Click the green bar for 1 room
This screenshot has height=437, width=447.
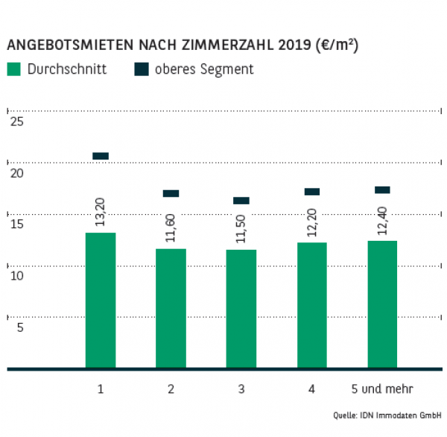(x=101, y=301)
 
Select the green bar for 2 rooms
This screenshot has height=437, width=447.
(x=171, y=308)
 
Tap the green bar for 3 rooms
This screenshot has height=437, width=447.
(x=241, y=309)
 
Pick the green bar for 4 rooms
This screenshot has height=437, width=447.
(x=311, y=305)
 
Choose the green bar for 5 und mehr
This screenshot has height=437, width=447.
(x=382, y=304)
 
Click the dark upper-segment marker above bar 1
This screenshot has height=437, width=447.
(x=101, y=156)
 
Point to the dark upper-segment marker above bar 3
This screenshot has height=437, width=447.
(x=241, y=201)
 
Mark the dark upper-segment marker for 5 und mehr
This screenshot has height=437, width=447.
(x=382, y=190)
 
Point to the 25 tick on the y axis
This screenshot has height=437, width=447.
(x=16, y=122)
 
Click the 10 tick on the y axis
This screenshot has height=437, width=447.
(x=16, y=276)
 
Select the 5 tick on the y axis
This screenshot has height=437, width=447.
(x=20, y=327)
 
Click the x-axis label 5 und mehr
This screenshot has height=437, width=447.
(x=382, y=389)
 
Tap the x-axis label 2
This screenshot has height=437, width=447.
(x=171, y=389)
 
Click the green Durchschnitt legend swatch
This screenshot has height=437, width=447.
(x=14, y=69)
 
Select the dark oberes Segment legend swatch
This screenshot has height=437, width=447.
(x=142, y=69)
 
